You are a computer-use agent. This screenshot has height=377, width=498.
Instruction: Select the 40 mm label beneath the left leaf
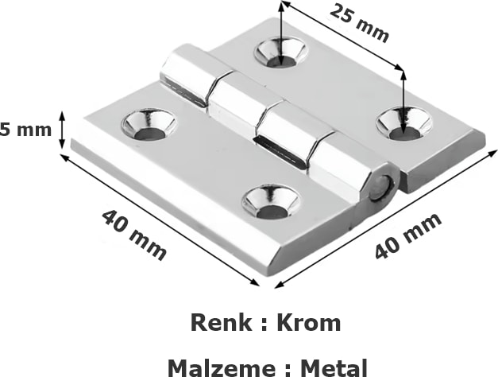pyautogui.click(x=133, y=234)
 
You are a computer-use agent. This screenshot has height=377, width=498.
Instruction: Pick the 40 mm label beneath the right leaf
pyautogui.click(x=407, y=235)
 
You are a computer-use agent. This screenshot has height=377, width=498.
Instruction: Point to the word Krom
pyautogui.click(x=308, y=323)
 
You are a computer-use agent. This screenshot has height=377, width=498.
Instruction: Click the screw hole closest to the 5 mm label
pyautogui.click(x=149, y=125)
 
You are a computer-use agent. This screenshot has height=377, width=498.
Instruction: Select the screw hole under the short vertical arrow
pyautogui.click(x=280, y=53)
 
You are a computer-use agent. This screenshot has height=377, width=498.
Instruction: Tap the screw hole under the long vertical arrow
pyautogui.click(x=403, y=123)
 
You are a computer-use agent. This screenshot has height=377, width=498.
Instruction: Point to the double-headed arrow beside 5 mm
pyautogui.click(x=64, y=130)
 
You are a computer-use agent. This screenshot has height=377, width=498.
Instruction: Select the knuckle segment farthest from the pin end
pyautogui.click(x=184, y=75)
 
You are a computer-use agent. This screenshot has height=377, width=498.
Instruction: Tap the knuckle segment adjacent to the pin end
pyautogui.click(x=342, y=169)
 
